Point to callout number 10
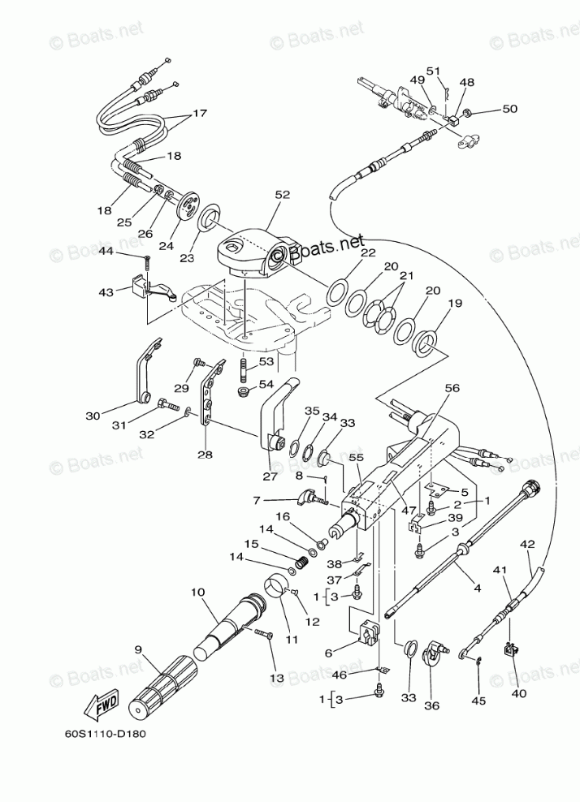(197, 593)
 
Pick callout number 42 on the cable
(527, 545)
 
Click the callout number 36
(431, 705)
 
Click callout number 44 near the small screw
(128, 253)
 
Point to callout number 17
(199, 114)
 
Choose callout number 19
(454, 304)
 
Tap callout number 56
(452, 389)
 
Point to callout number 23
(188, 259)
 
